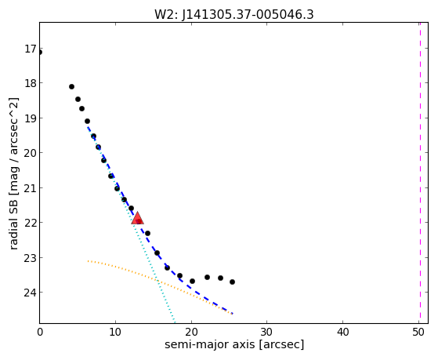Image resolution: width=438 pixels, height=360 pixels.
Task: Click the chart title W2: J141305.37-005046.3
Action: (234, 14)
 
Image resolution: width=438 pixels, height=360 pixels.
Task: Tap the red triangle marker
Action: (137, 218)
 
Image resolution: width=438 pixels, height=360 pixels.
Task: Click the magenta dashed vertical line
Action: (420, 173)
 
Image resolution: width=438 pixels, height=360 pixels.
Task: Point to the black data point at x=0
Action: (39, 52)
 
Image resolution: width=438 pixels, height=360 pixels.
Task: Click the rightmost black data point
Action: (232, 282)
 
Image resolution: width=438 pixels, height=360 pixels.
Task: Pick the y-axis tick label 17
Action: (31, 49)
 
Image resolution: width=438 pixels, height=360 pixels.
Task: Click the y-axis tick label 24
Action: (31, 293)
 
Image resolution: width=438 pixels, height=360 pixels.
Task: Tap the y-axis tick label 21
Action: (31, 187)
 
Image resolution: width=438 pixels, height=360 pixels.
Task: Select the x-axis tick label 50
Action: (418, 333)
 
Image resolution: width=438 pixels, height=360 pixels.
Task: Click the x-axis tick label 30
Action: (266, 333)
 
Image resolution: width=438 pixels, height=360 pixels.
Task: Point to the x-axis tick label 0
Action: (40, 333)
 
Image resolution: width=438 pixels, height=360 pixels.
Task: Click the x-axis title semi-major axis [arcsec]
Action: (234, 344)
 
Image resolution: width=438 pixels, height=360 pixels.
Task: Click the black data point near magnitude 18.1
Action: (71, 87)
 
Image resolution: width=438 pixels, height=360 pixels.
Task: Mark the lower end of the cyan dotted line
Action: (175, 322)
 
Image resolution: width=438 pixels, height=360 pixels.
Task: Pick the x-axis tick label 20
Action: (191, 333)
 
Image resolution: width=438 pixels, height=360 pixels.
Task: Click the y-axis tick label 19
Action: (31, 118)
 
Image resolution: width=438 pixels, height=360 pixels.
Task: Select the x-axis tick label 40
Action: (342, 333)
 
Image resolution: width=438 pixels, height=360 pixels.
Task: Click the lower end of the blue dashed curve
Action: (233, 314)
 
